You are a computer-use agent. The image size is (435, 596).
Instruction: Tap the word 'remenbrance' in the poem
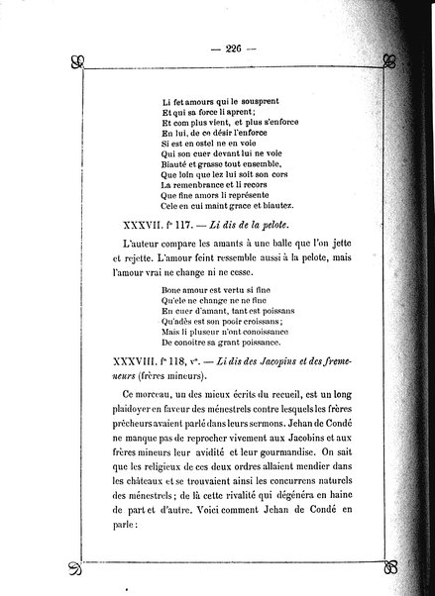click(206, 185)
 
